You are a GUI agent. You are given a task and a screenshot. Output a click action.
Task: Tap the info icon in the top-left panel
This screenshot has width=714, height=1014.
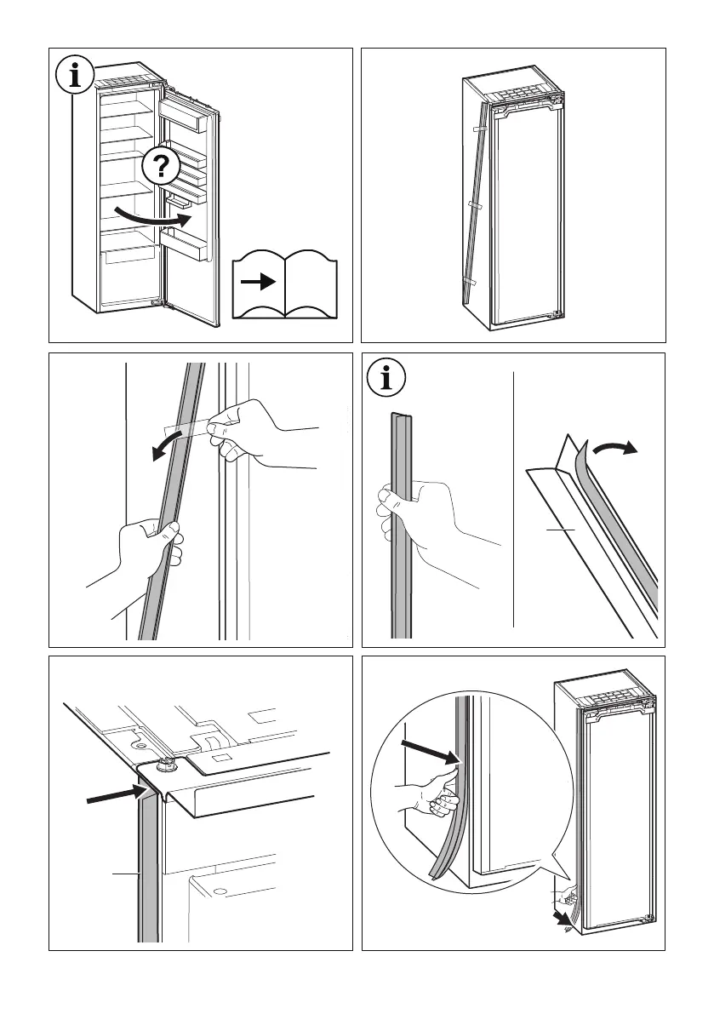[77, 77]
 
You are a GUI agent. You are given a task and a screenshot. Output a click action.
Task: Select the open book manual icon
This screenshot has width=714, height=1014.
[285, 284]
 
